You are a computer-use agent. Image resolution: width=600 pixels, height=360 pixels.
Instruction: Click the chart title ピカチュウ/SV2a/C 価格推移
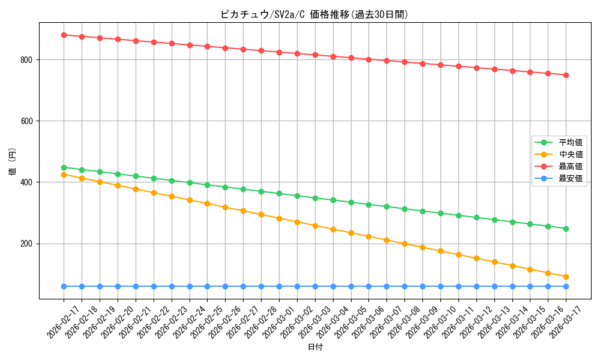(x=314, y=14)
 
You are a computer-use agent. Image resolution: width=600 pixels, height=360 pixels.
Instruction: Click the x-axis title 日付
(x=315, y=347)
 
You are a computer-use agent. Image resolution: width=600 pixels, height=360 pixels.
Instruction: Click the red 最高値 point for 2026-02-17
(x=64, y=35)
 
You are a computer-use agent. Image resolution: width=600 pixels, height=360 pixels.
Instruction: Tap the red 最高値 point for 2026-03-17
(x=566, y=75)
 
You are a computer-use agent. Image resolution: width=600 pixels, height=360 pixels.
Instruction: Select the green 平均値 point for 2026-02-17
(x=64, y=167)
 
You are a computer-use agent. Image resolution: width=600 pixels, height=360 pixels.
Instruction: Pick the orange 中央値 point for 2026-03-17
(x=566, y=277)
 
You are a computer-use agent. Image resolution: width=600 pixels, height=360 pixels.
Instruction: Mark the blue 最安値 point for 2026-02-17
(x=64, y=286)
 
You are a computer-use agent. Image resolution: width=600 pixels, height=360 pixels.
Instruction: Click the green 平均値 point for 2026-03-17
(x=566, y=229)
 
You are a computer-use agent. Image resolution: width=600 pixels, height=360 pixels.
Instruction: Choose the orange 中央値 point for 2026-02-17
(x=64, y=175)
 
